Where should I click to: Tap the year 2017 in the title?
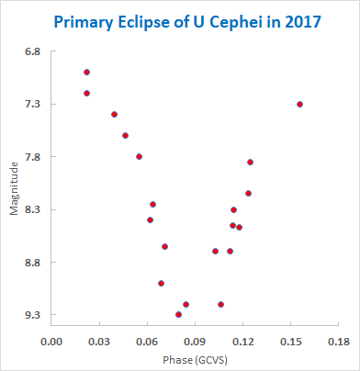[x=302, y=22]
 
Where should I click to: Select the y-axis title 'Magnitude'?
[x=14, y=188]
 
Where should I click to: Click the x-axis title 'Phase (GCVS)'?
[x=195, y=360]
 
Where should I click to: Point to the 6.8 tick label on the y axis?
[x=32, y=51]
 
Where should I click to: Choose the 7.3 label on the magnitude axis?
[x=32, y=104]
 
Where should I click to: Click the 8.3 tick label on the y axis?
[x=32, y=209]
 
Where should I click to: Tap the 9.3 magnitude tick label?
[x=32, y=315]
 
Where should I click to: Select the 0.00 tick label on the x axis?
[x=51, y=342]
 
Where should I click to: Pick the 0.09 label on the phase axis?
[x=195, y=342]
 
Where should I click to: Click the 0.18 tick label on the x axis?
[x=338, y=342]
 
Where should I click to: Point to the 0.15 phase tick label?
[x=290, y=342]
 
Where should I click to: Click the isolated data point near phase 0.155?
[x=299, y=105]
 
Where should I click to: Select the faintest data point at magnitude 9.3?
[x=178, y=314]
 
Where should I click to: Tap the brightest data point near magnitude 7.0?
[x=86, y=73]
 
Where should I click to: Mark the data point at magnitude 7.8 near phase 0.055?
[x=139, y=157]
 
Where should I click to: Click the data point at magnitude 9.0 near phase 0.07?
[x=161, y=284]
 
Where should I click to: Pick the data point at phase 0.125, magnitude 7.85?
[x=250, y=163]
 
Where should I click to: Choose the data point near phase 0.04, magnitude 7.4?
[x=114, y=115]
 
